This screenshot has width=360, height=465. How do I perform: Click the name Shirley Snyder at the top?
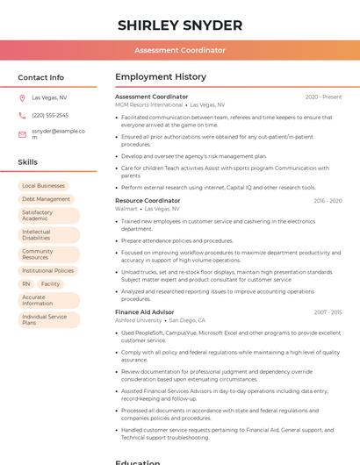point(180,25)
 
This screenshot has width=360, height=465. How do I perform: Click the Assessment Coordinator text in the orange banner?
point(180,50)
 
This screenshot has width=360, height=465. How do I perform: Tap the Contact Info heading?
point(40,77)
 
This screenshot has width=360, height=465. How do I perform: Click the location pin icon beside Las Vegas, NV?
point(22,97)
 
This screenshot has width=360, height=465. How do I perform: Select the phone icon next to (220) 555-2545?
point(22,115)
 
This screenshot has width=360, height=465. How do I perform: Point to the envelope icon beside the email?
point(22,134)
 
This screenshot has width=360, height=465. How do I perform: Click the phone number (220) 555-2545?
point(50,115)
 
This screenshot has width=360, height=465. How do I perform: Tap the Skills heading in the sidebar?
point(27,162)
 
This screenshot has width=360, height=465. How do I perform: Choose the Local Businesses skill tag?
point(44,186)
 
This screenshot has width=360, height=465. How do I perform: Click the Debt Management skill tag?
point(46,199)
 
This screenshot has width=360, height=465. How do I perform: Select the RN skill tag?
point(26,284)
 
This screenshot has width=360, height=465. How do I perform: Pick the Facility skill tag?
point(50,284)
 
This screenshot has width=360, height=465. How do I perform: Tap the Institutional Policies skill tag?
point(48,271)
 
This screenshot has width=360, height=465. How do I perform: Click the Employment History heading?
point(161,77)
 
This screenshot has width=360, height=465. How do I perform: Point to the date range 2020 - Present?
point(323,97)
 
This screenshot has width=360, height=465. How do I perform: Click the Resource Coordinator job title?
point(148,201)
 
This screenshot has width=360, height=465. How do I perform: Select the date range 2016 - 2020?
point(328,201)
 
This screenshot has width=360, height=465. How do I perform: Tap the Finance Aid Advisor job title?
point(145,312)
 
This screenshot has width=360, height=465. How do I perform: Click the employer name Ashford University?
point(139,320)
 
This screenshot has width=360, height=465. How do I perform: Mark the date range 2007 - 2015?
point(328,312)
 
